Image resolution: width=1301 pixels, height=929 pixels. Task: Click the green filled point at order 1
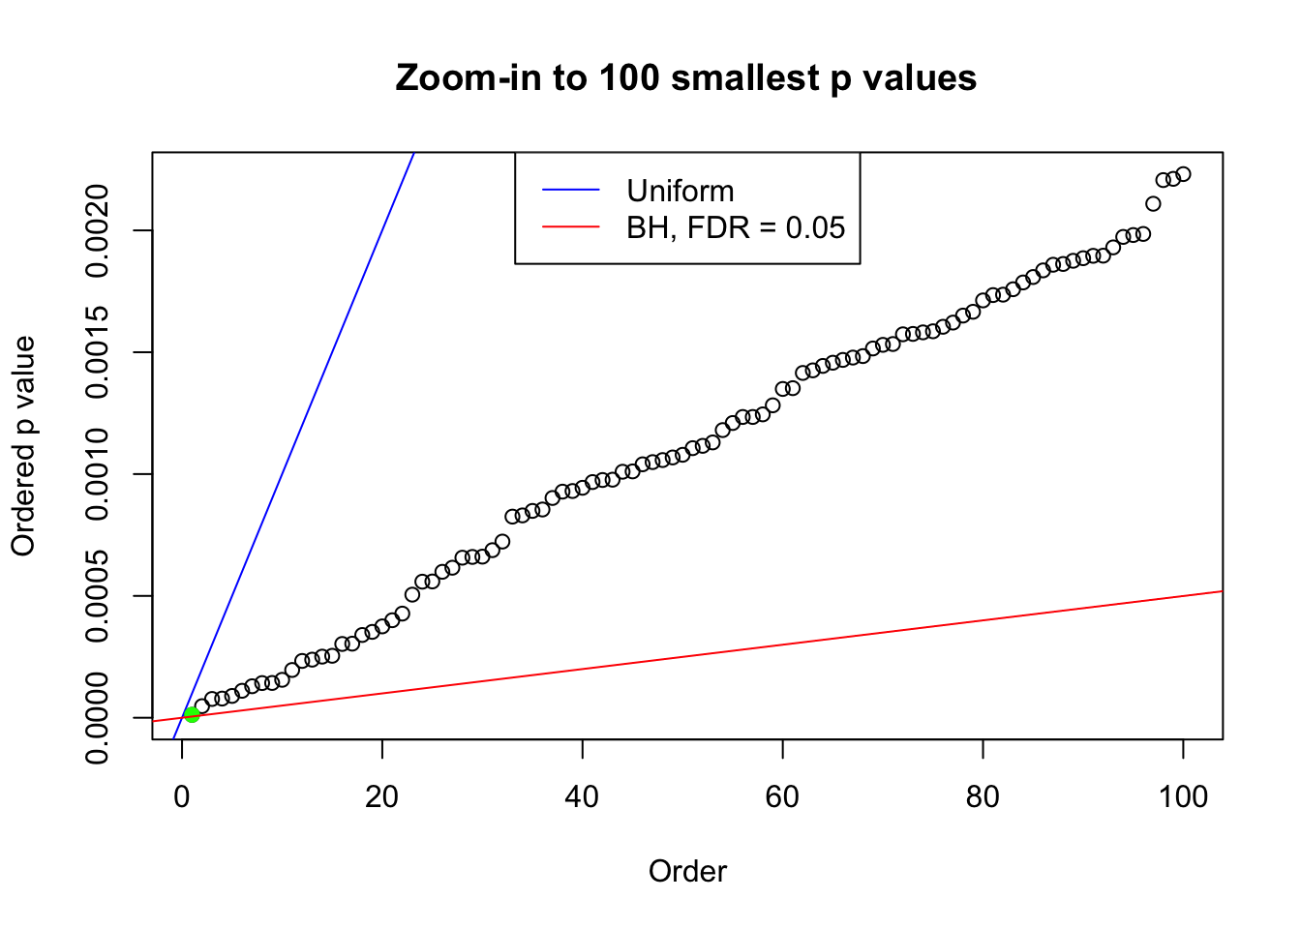[192, 714]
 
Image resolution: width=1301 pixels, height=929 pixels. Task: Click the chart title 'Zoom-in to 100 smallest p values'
[685, 77]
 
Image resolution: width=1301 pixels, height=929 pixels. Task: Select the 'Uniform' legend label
[680, 191]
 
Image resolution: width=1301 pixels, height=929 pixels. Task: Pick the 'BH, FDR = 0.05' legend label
[736, 227]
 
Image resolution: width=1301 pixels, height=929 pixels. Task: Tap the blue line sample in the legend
[570, 191]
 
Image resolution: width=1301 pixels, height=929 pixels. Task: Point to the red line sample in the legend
[570, 227]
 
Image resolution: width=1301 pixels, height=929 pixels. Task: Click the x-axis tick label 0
[182, 796]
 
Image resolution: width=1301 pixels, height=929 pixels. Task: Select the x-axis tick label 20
[382, 796]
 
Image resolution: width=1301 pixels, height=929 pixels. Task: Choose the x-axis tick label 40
[583, 796]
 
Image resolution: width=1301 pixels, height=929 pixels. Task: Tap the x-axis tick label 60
[782, 796]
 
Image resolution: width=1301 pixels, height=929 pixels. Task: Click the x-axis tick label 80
[983, 796]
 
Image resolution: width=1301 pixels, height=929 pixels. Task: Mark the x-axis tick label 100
[1183, 796]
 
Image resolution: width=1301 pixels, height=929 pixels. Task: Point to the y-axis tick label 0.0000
[97, 718]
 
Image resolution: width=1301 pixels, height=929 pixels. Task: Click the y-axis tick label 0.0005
[97, 596]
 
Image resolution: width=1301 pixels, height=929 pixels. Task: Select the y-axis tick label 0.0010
[97, 474]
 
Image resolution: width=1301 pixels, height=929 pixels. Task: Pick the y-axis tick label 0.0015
[97, 352]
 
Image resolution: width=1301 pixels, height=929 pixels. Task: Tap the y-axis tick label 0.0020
[97, 230]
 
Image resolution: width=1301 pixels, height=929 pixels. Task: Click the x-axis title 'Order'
[687, 871]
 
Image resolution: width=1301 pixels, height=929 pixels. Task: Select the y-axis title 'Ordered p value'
[23, 446]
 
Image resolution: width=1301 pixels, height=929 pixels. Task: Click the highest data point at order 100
[1183, 174]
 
